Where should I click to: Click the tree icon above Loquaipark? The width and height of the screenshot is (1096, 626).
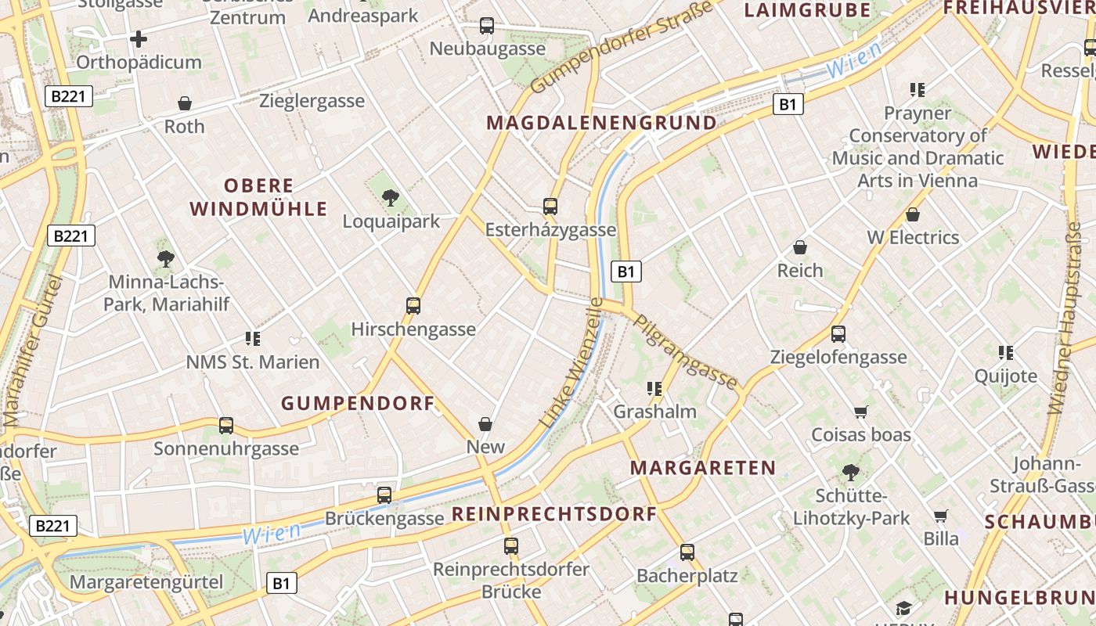point(390,198)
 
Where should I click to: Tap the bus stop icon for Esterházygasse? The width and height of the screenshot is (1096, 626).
point(550,207)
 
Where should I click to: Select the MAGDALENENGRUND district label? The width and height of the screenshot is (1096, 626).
point(601,123)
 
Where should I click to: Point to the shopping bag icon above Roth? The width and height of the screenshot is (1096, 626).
point(185,103)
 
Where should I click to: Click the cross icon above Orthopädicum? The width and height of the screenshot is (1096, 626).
point(139,38)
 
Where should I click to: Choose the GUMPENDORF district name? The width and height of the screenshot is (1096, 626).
point(358,404)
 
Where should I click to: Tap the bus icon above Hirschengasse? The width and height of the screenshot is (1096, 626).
point(413,306)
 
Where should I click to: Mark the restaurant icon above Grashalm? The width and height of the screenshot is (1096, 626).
point(654,388)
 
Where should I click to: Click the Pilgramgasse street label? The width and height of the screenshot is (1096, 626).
point(685,351)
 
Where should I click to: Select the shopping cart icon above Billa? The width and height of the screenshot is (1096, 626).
point(940,516)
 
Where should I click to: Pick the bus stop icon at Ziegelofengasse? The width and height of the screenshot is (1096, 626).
point(838,334)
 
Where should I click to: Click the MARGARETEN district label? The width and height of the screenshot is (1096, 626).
point(703,468)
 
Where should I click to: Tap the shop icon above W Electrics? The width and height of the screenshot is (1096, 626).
point(913,214)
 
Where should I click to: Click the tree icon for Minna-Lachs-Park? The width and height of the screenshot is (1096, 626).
point(165,258)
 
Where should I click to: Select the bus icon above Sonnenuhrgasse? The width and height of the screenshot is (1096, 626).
point(226,426)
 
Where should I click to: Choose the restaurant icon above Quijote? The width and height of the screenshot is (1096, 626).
point(1006,353)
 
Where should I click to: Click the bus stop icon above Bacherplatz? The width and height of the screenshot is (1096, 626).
point(687,552)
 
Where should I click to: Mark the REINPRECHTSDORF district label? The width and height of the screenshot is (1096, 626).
point(554,514)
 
